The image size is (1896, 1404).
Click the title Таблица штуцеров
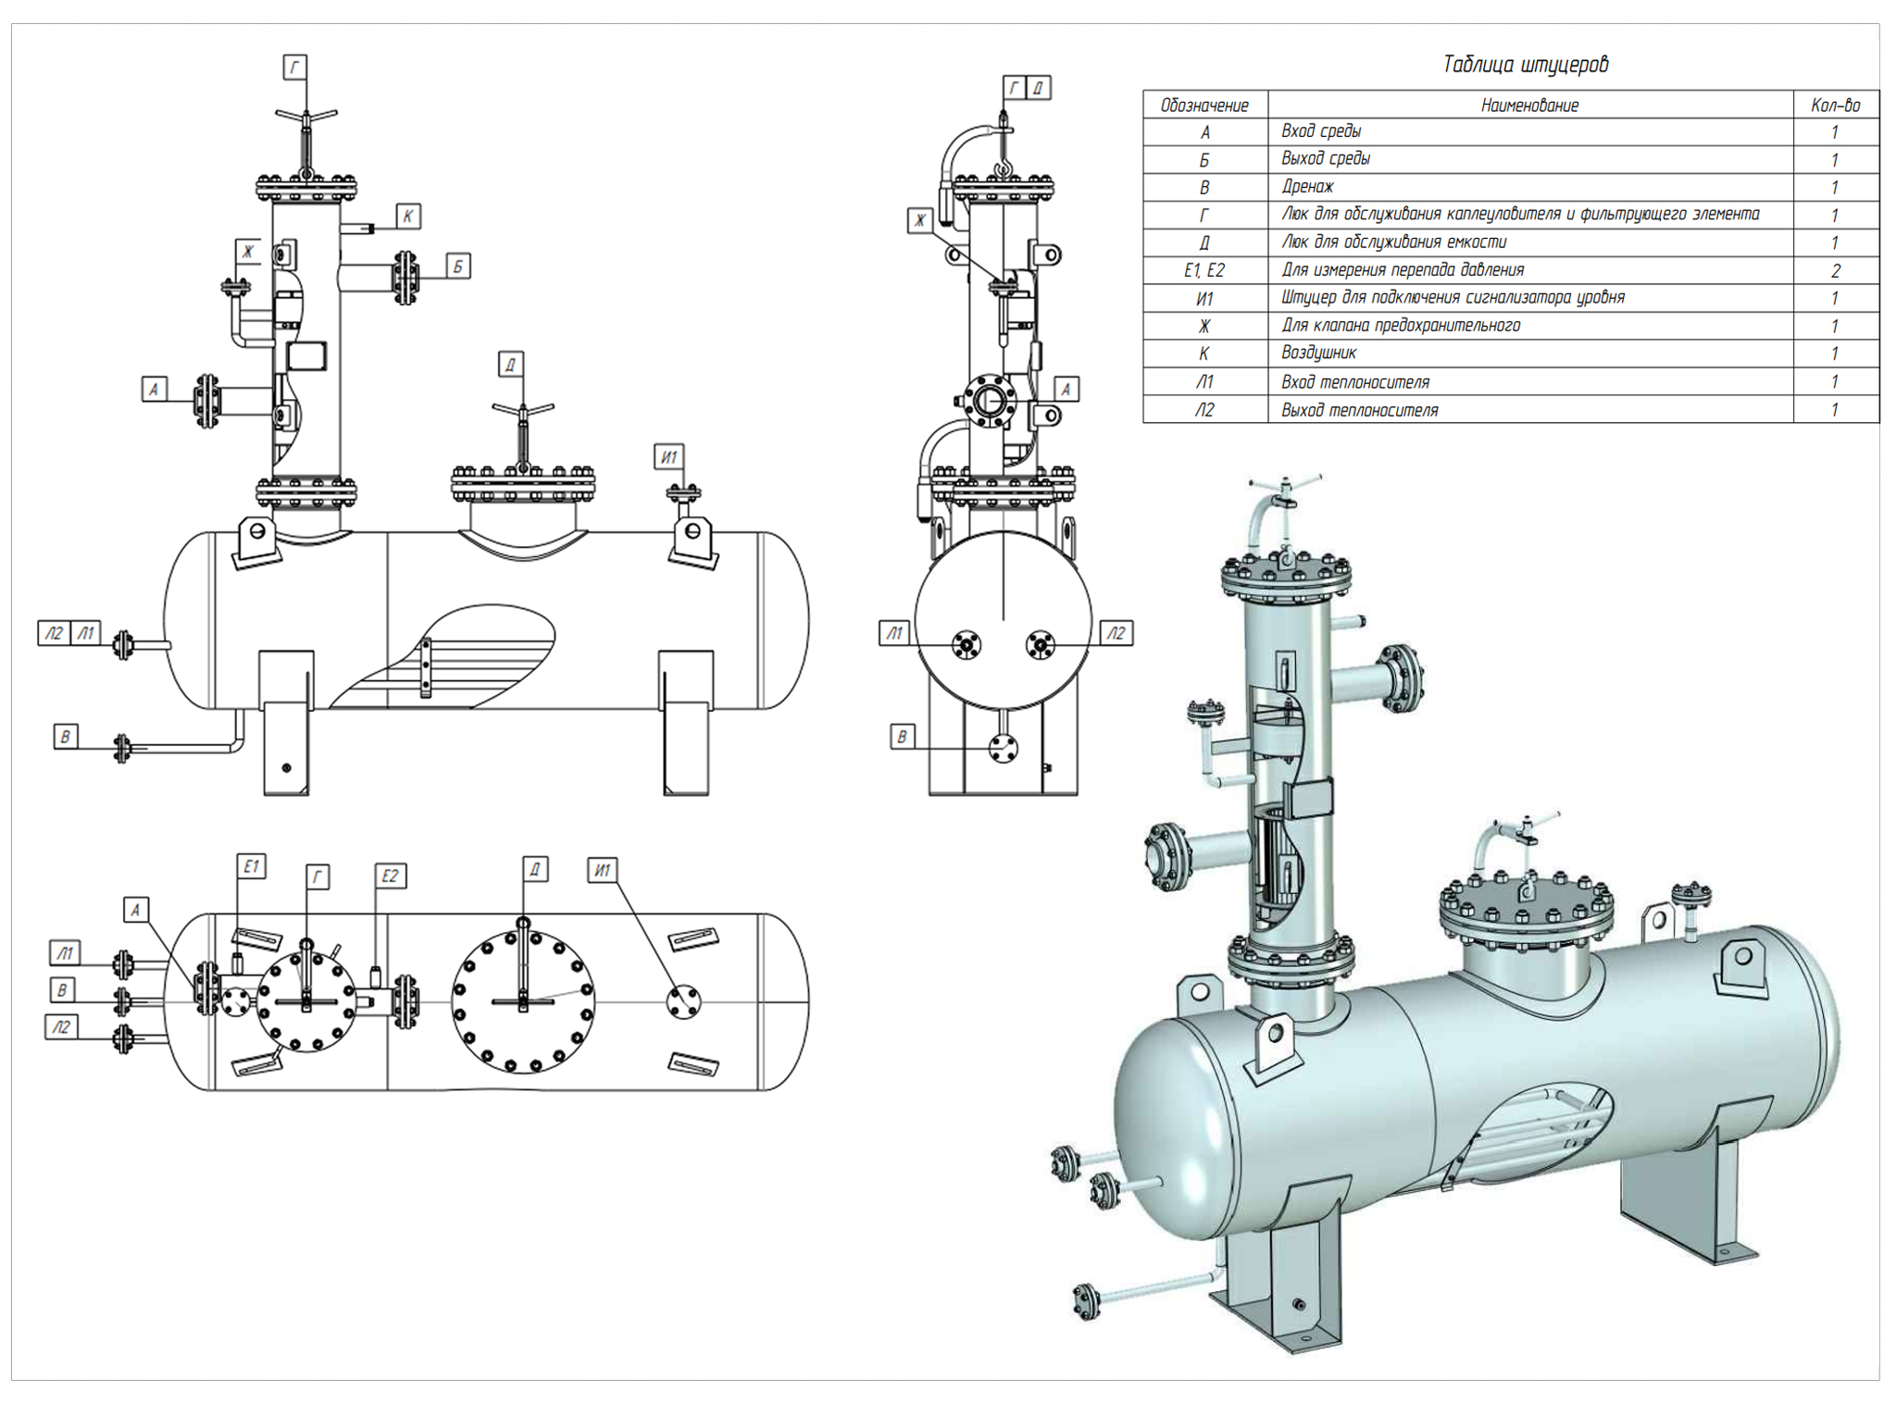1526,64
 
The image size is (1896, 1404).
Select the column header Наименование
1529,106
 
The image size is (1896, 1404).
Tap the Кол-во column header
1835,106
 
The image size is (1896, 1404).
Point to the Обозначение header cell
1204,106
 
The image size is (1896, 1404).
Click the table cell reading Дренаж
1307,187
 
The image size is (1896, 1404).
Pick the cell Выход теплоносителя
1359,410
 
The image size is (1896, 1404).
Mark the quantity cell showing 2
1835,271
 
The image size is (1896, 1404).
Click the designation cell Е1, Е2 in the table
1204,270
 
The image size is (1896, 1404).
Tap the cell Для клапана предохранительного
1401,326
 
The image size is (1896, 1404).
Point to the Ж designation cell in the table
1204,326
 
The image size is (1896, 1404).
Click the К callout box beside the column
408,217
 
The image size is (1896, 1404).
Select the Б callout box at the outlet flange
457,267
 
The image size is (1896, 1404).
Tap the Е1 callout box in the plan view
251,866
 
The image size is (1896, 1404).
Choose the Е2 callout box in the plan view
390,876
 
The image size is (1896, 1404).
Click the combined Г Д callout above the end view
1026,88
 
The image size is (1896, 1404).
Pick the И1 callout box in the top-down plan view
602,870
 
